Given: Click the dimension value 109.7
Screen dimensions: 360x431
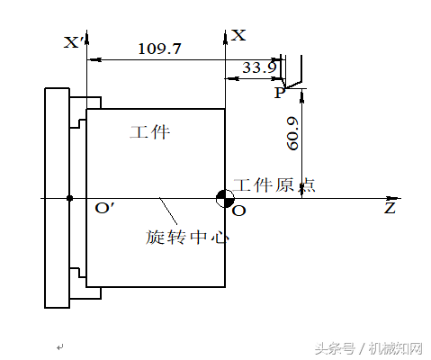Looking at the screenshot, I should [160, 49].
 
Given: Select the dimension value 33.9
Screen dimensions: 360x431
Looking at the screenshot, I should [259, 67].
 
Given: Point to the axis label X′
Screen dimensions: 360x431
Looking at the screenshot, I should [76, 42].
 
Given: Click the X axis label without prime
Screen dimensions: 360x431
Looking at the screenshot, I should [238, 35].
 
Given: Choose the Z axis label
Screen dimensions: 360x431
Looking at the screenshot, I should [390, 208].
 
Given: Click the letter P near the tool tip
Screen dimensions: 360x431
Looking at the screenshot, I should [279, 92].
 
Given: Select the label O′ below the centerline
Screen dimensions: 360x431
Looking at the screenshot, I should [104, 210].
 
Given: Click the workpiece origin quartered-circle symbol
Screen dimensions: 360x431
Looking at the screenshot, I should [223, 198].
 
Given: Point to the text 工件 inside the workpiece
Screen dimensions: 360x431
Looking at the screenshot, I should [149, 133].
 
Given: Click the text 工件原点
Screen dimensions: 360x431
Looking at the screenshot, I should [274, 185].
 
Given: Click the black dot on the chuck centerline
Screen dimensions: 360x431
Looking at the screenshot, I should [69, 198].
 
